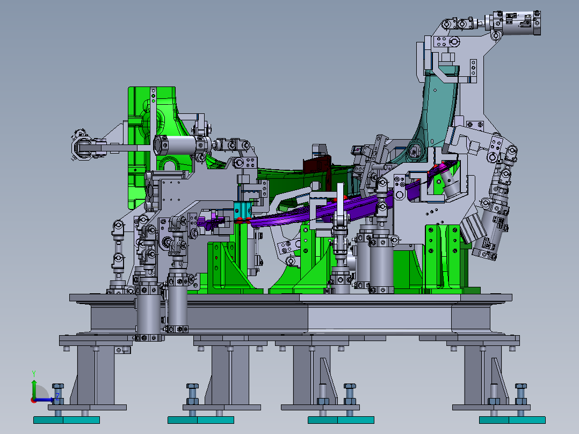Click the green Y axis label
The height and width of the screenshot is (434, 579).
coord(33,373)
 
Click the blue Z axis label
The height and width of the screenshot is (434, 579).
coord(57,396)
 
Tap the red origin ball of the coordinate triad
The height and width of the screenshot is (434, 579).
coord(34,400)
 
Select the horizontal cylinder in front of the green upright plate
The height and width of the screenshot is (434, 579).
coord(183,144)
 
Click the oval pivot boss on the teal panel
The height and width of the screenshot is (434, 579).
coord(415,150)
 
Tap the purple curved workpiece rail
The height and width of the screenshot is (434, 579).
coord(301,214)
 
